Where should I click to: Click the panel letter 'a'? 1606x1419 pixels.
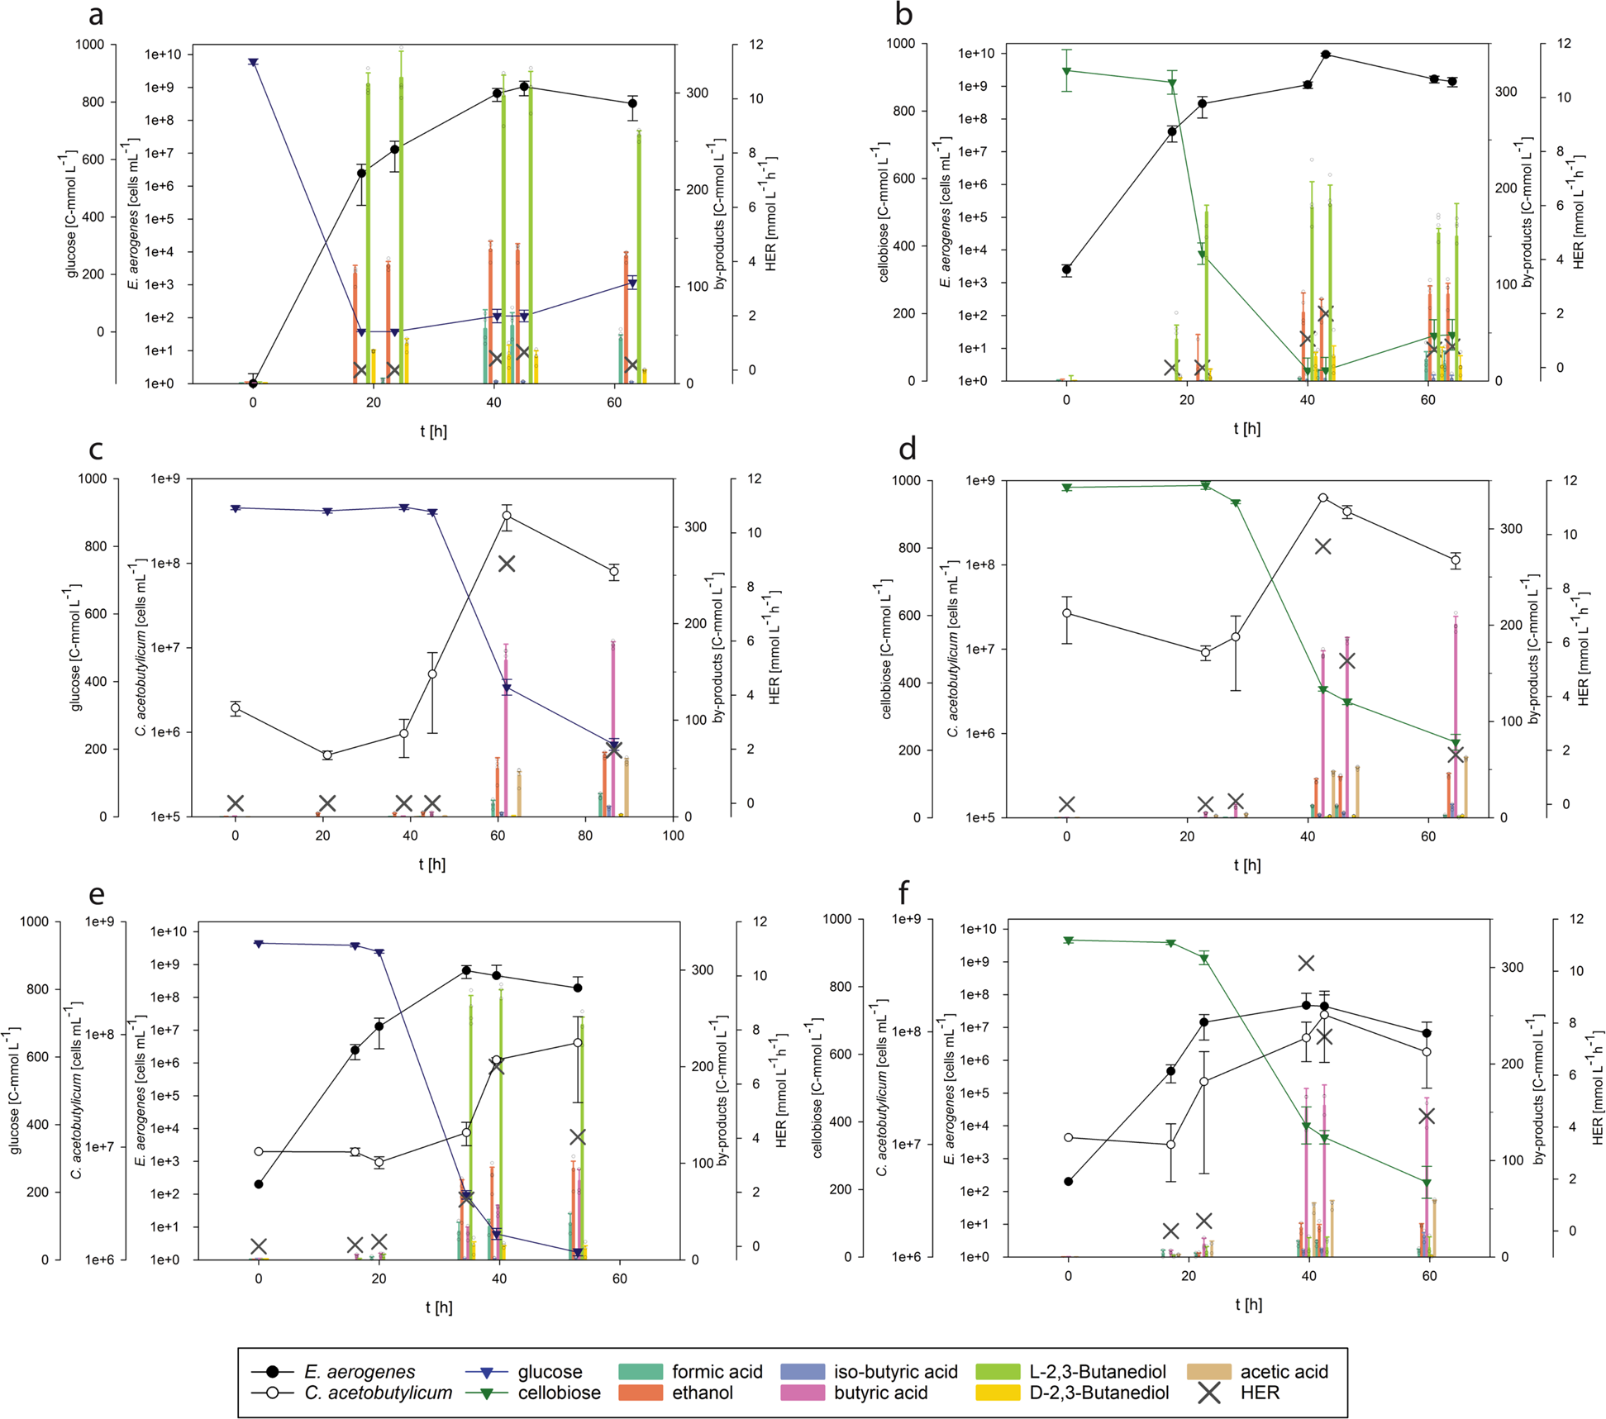pyautogui.click(x=96, y=15)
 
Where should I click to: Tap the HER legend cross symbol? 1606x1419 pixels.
pyautogui.click(x=1209, y=1393)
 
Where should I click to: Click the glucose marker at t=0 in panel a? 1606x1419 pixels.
pyautogui.click(x=254, y=63)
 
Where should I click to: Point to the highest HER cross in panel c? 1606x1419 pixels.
pyautogui.click(x=506, y=564)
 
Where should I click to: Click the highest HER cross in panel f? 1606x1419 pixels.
pyautogui.click(x=1306, y=964)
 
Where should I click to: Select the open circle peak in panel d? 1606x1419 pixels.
pyautogui.click(x=1323, y=498)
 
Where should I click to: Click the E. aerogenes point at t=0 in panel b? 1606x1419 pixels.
pyautogui.click(x=1067, y=270)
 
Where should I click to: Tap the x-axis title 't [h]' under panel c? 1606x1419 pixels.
pyautogui.click(x=431, y=864)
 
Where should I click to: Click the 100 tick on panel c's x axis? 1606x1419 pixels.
pyautogui.click(x=673, y=836)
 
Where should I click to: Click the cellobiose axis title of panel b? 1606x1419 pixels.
pyautogui.click(x=884, y=214)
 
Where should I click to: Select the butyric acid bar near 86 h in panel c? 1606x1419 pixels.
pyautogui.click(x=613, y=727)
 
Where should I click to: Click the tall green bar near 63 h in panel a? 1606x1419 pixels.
pyautogui.click(x=639, y=256)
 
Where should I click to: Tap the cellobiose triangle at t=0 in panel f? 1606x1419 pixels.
pyautogui.click(x=1069, y=940)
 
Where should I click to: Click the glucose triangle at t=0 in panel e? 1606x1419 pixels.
pyautogui.click(x=259, y=944)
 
